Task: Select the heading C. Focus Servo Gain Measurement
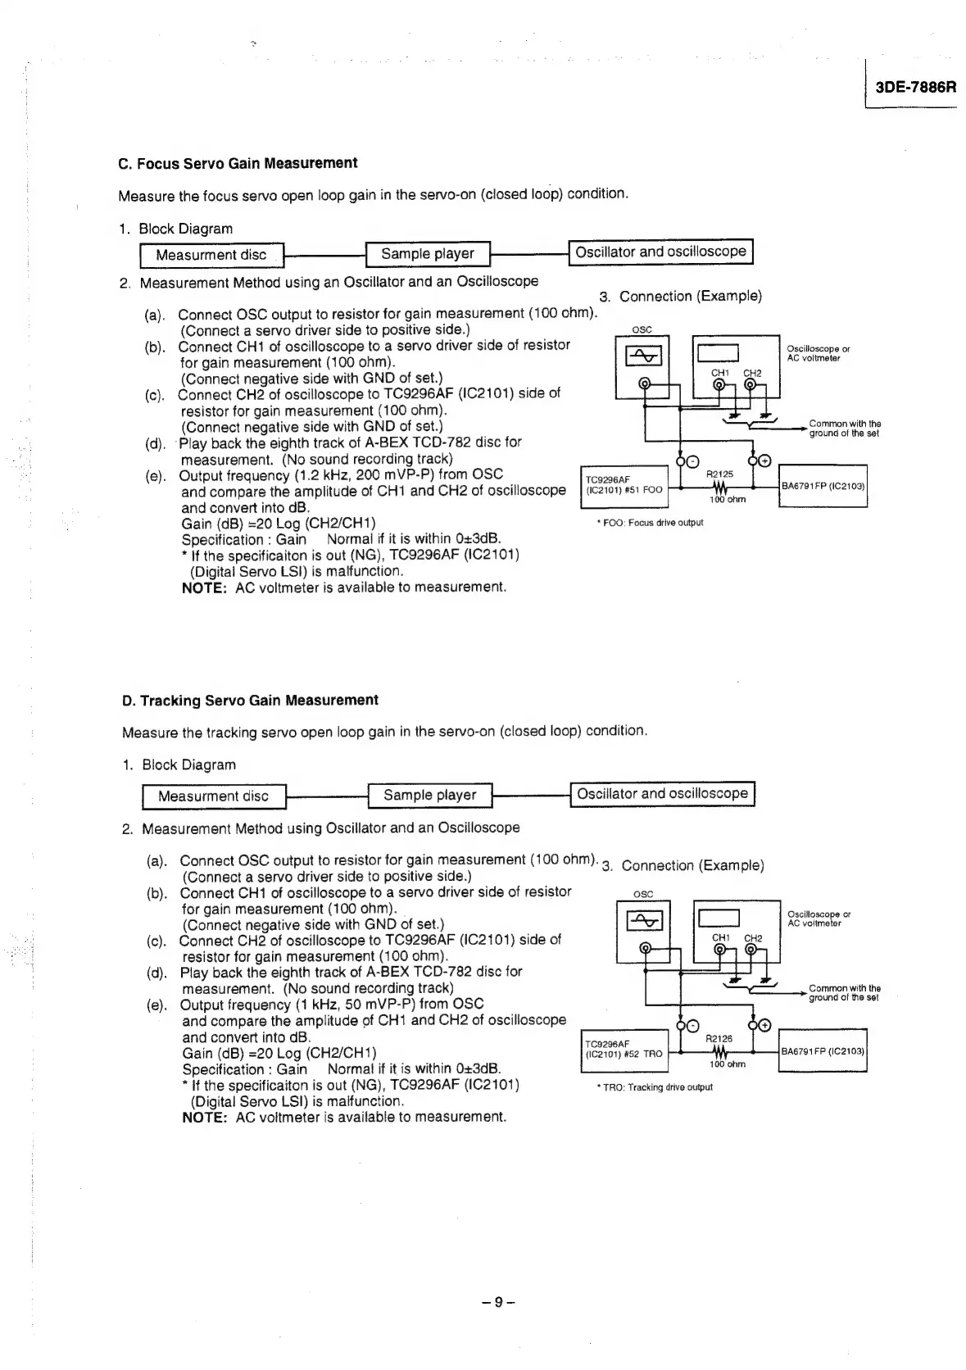[238, 163]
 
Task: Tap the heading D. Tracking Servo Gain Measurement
[250, 701]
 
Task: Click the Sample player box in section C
[427, 254]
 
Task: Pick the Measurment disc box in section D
[213, 796]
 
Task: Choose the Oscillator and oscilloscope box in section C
[660, 252]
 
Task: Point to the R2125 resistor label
[719, 474]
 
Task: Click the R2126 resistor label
[719, 1039]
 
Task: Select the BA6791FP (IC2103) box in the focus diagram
[823, 487]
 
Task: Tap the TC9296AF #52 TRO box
[624, 1050]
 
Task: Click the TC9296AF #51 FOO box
[624, 485]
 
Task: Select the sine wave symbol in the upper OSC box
[643, 356]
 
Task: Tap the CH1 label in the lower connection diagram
[720, 937]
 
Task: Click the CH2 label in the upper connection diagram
[752, 374]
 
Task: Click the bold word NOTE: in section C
[204, 587]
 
